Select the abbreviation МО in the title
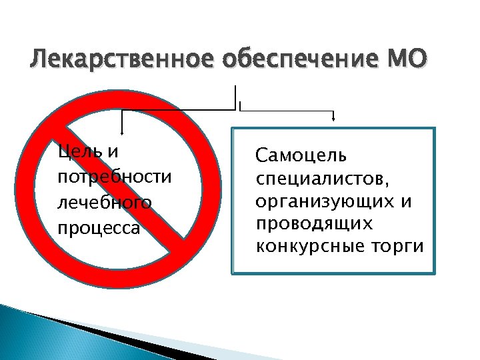(404, 61)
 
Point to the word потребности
(115, 177)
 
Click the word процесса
(99, 228)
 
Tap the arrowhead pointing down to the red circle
(122, 133)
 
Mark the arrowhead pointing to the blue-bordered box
(333, 120)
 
